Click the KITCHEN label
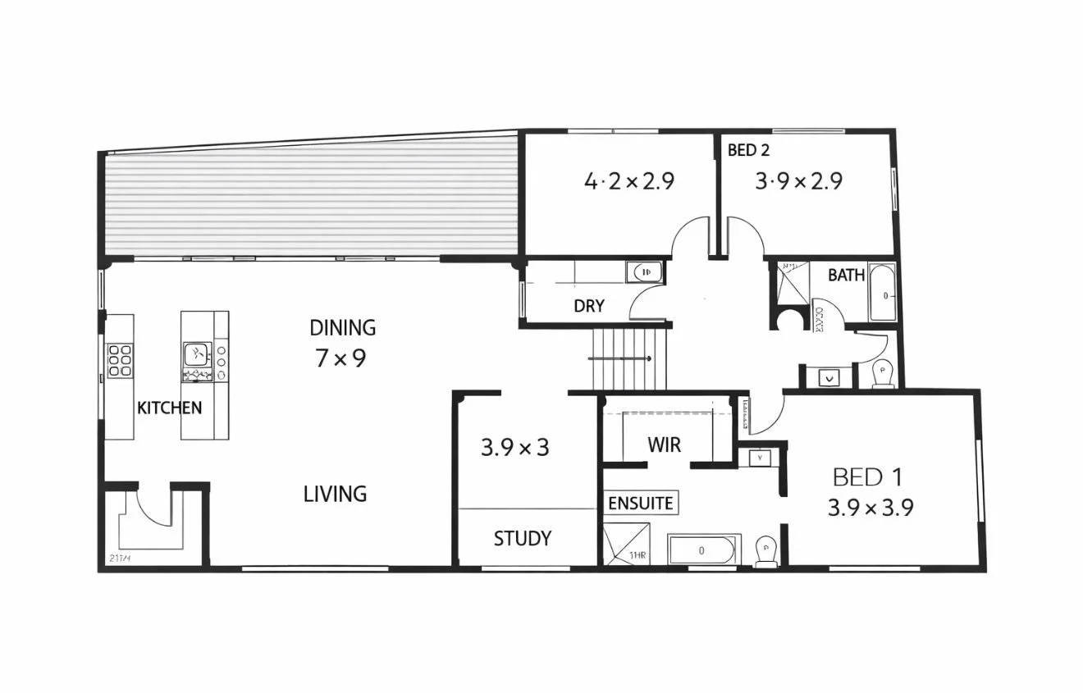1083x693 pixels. click(169, 408)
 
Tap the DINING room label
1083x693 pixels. click(342, 328)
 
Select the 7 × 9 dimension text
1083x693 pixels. click(340, 358)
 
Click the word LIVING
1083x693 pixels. click(335, 494)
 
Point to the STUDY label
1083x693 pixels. click(522, 539)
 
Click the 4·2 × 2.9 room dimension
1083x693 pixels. click(628, 181)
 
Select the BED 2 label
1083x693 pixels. click(748, 151)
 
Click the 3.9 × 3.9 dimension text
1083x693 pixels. click(870, 508)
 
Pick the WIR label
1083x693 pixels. click(664, 445)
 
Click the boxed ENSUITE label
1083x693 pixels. click(640, 503)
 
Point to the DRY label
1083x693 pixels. click(588, 306)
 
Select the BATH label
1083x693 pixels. click(846, 276)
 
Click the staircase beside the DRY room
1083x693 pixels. click(629, 358)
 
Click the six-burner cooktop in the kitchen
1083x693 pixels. click(120, 360)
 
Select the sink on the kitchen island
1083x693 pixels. click(197, 354)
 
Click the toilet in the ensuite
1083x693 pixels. click(765, 552)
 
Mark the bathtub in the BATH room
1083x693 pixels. click(883, 293)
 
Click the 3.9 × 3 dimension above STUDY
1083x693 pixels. click(514, 448)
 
